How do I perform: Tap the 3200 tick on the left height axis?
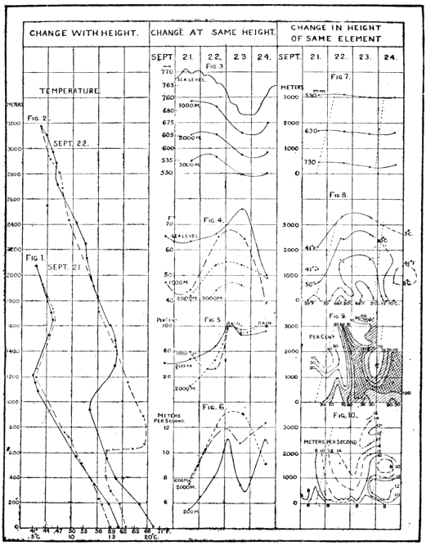(13, 124)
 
